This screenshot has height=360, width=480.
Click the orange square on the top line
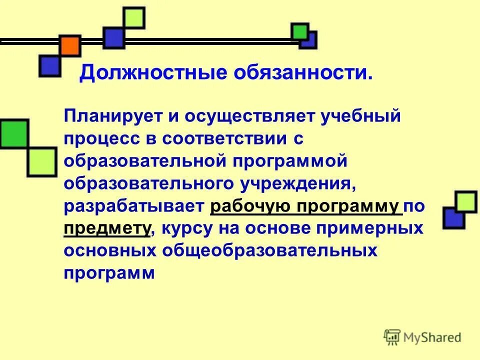coord(70,45)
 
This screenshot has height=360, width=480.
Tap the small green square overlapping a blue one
coord(300,31)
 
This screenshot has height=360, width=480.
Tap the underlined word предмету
coord(107,228)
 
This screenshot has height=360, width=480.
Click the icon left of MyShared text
coord(392,337)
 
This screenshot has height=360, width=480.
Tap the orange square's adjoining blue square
coord(50,65)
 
